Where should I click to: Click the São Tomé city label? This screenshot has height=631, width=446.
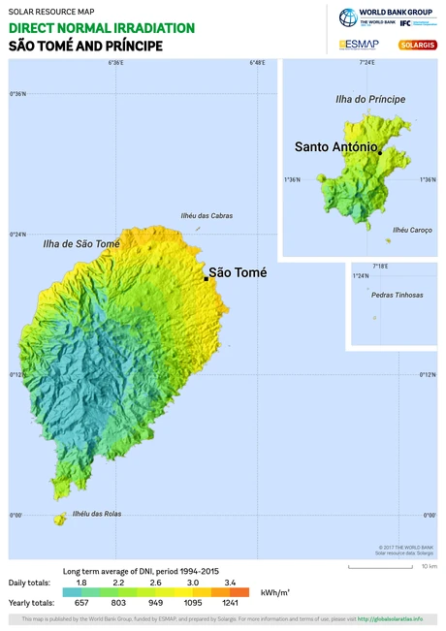238,272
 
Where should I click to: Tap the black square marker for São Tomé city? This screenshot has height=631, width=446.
206,278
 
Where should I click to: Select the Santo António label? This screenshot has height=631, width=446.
335,146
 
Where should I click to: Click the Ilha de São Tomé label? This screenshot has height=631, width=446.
81,244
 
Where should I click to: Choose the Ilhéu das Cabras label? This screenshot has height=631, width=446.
207,216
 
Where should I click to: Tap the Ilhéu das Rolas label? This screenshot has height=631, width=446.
98,514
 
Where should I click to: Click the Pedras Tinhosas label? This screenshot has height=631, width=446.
398,295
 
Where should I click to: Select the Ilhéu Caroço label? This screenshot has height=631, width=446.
412,230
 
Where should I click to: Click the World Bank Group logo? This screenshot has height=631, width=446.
388,16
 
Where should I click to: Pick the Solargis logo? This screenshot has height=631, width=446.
417,45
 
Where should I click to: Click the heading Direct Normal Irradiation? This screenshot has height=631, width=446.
102,28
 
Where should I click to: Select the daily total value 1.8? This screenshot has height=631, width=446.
81,582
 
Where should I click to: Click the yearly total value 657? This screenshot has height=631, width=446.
81,602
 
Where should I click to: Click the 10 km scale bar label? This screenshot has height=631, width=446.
429,566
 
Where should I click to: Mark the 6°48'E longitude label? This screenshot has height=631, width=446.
257,63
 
